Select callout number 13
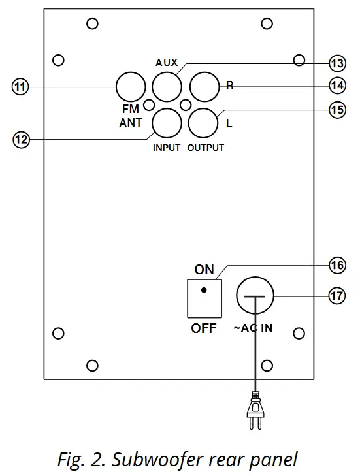[x=336, y=63]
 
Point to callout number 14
[x=336, y=86]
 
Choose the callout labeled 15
[x=336, y=110]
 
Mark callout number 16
[x=336, y=266]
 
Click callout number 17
[x=336, y=296]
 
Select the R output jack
[x=203, y=86]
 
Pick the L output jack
[x=203, y=121]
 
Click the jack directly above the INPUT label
[x=166, y=121]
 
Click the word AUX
[x=167, y=63]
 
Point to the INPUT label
[x=166, y=148]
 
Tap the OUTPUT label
[x=205, y=148]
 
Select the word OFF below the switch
[x=203, y=328]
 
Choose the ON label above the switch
[x=204, y=269]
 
